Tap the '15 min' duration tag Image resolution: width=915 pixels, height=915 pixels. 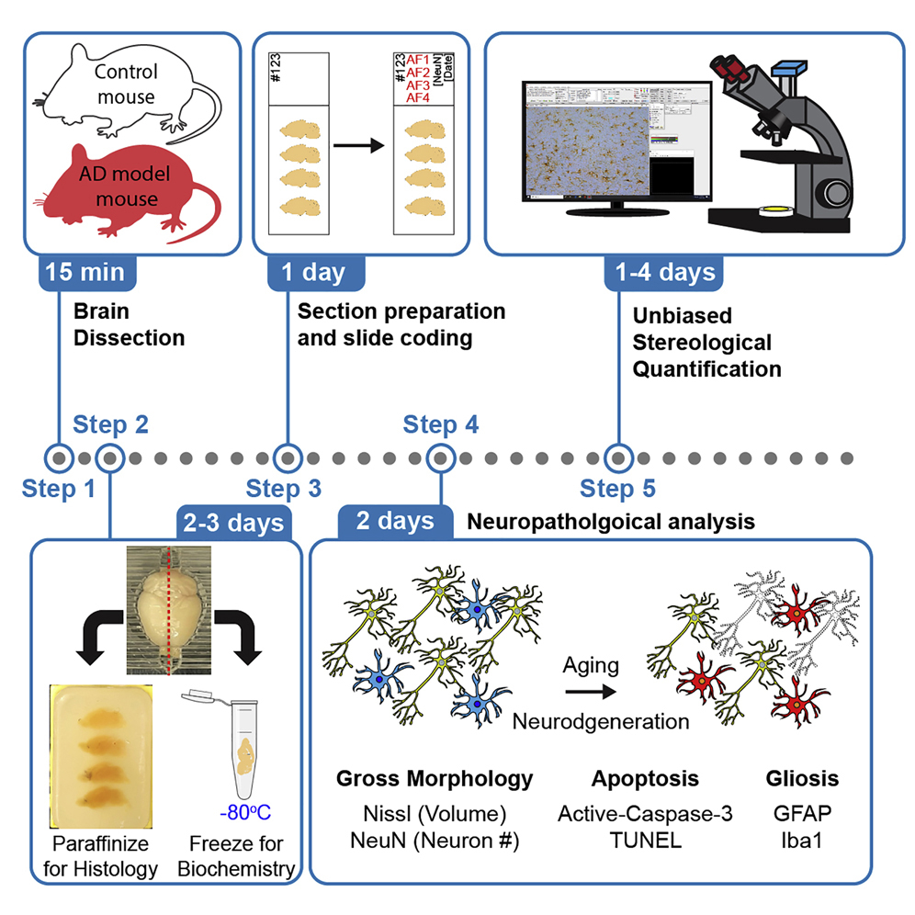[x=87, y=272]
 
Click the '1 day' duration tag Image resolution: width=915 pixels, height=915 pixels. [x=315, y=272]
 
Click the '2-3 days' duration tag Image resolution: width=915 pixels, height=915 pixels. [x=232, y=523]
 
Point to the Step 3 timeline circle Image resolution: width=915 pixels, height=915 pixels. [x=288, y=457]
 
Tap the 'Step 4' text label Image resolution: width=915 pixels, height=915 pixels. [x=440, y=424]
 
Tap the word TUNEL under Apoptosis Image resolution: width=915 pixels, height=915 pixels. [x=644, y=839]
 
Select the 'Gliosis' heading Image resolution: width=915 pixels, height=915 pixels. [x=802, y=779]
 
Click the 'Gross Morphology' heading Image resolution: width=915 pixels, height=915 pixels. [x=435, y=779]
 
